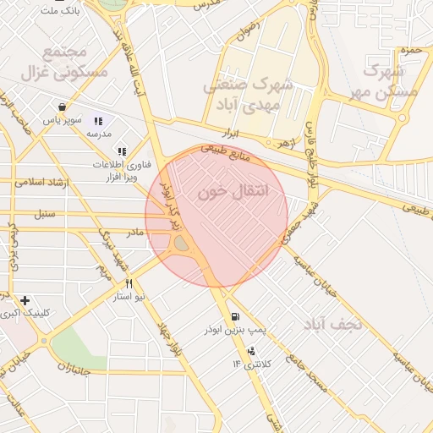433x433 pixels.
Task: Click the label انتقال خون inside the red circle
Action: coord(233,192)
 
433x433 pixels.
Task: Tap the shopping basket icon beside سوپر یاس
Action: coord(63,107)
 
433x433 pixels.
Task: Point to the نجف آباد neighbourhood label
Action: coord(335,323)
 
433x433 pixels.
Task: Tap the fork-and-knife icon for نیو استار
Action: coord(129,284)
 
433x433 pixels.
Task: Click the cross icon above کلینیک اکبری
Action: coord(25,300)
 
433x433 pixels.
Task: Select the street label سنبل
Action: coord(44,214)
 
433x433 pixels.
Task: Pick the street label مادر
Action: coord(135,231)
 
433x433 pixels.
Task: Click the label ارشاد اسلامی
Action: coord(40,181)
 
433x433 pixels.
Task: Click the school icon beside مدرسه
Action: coord(97,121)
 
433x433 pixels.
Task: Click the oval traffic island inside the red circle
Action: coord(182,244)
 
